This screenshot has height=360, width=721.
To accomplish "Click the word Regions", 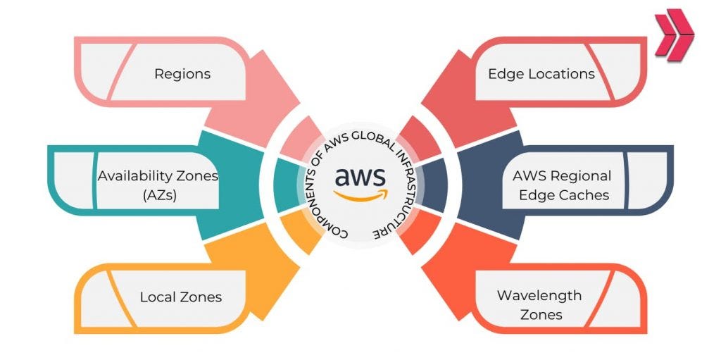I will [182, 73].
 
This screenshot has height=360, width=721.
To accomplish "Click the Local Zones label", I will [180, 297].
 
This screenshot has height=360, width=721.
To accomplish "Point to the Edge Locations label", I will [541, 73].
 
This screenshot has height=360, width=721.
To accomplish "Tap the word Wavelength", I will [539, 295].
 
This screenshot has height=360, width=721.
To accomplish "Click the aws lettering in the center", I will [360, 175].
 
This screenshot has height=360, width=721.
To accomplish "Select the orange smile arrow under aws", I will [360, 195].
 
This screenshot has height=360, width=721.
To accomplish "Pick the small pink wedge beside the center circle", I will [303, 136].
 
